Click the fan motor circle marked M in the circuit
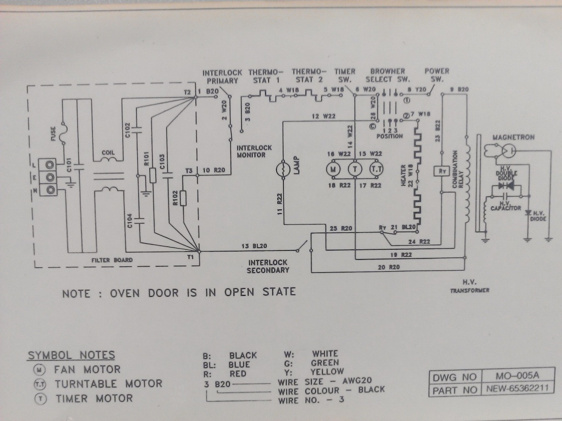click(x=334, y=170)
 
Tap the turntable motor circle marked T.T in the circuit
click(x=376, y=170)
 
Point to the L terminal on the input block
click(x=51, y=164)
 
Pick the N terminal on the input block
click(x=51, y=189)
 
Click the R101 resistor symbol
click(x=152, y=175)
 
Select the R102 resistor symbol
click(x=183, y=198)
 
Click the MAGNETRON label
click(x=513, y=137)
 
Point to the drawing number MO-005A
click(x=517, y=377)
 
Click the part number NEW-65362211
click(x=517, y=390)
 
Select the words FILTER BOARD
click(x=112, y=260)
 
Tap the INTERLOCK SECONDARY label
click(x=268, y=266)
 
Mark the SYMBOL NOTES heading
click(x=71, y=355)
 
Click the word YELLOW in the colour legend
click(x=328, y=372)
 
